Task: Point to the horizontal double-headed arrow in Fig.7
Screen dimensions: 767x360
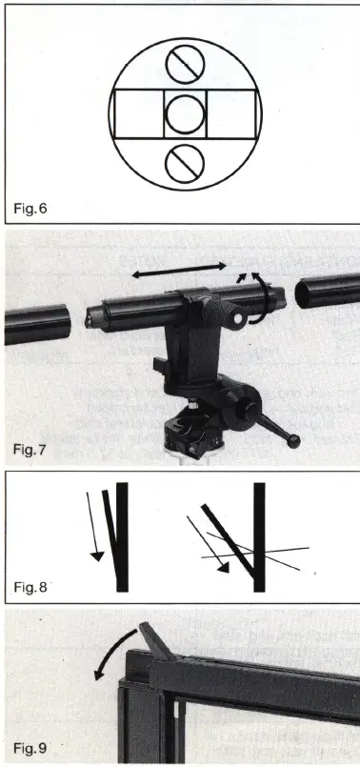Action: click(x=179, y=273)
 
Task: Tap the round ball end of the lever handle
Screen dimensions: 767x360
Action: click(x=295, y=439)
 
